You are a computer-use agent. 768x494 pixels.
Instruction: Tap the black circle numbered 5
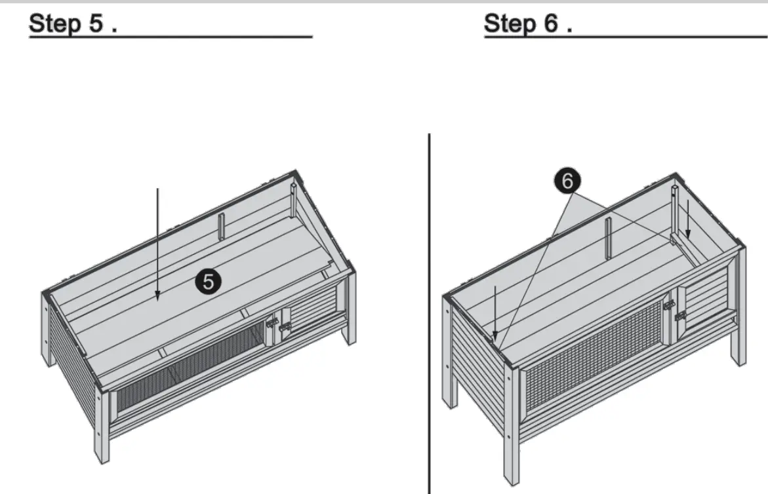tap(208, 282)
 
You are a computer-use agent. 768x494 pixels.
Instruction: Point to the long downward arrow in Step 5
tap(157, 242)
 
